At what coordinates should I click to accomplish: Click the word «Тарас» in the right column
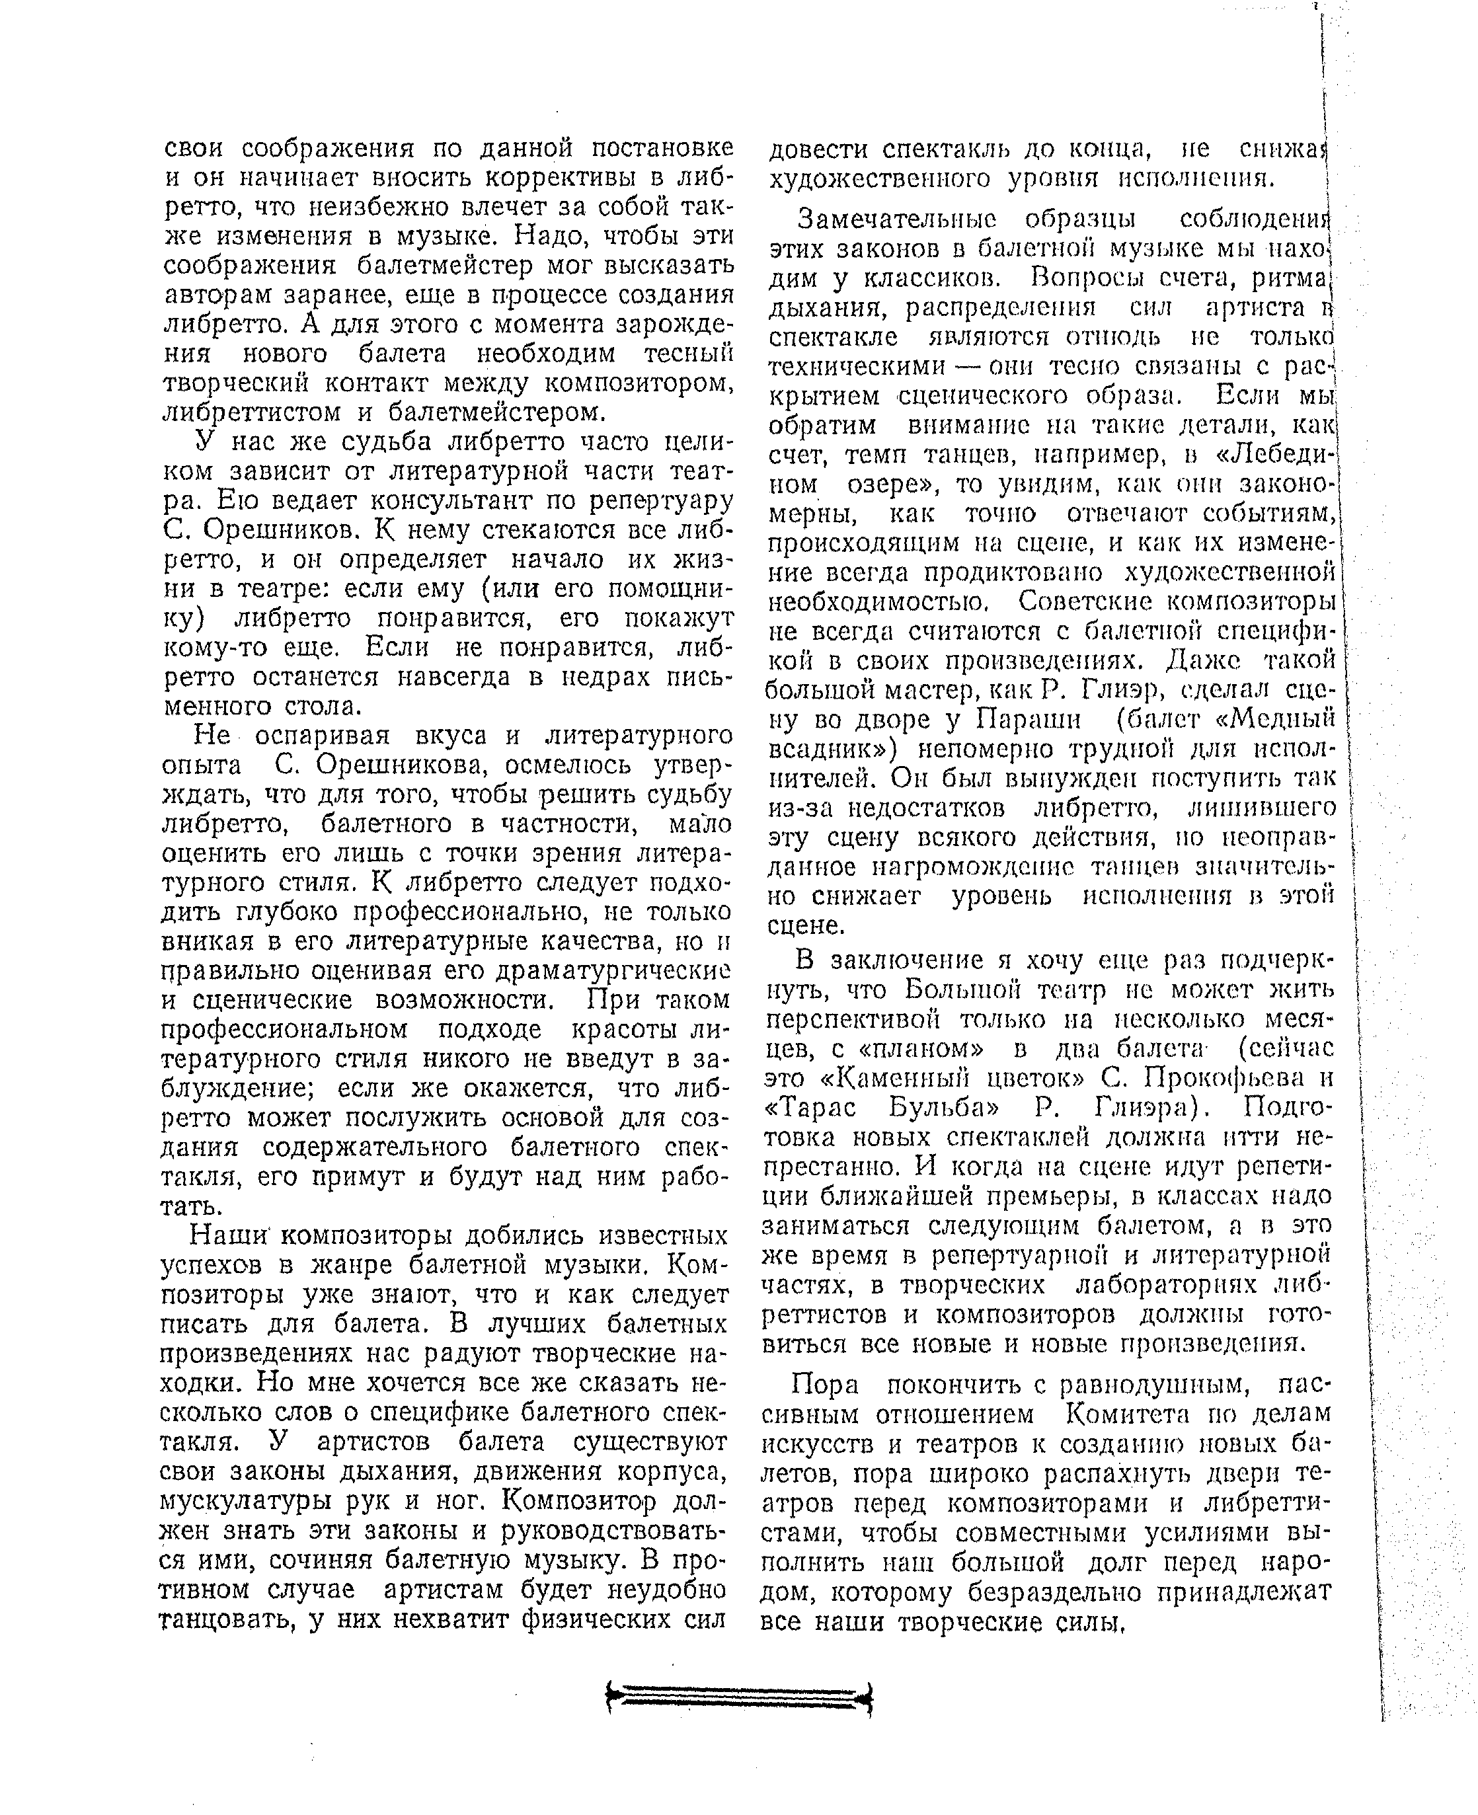coord(810,1108)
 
